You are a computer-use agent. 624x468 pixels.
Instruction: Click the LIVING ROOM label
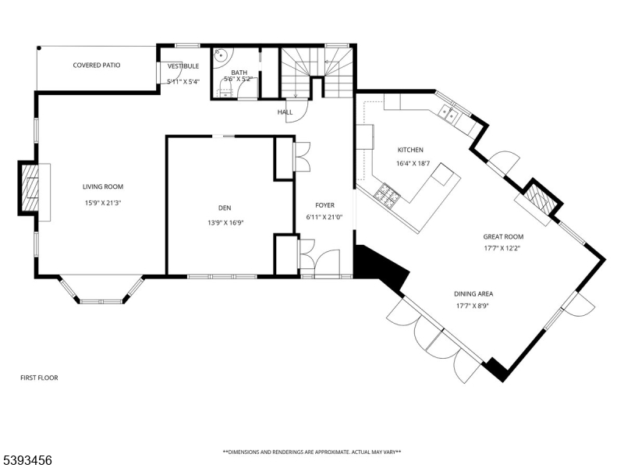pyautogui.click(x=103, y=186)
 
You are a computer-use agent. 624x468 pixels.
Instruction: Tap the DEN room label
pyautogui.click(x=225, y=207)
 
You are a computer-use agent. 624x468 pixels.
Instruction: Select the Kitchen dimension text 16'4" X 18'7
pyautogui.click(x=413, y=164)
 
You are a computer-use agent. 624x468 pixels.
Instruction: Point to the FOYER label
pyautogui.click(x=324, y=205)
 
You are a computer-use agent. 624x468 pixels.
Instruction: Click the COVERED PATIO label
pyautogui.click(x=96, y=66)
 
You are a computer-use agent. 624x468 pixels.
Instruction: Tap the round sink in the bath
pyautogui.click(x=220, y=56)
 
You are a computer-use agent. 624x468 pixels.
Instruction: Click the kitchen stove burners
pyautogui.click(x=387, y=196)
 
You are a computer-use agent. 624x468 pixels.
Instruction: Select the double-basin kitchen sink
pyautogui.click(x=448, y=114)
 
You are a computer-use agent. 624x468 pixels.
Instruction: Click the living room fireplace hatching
pyautogui.click(x=30, y=188)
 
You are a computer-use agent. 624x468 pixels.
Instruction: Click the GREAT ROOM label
pyautogui.click(x=503, y=237)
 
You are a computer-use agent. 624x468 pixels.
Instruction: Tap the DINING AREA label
pyautogui.click(x=473, y=294)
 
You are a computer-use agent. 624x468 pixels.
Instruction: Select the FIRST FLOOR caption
pyautogui.click(x=39, y=378)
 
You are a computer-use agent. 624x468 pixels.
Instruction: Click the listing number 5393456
pyautogui.click(x=26, y=460)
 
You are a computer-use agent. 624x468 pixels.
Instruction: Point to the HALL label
pyautogui.click(x=285, y=112)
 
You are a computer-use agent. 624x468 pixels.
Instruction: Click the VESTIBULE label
pyautogui.click(x=183, y=66)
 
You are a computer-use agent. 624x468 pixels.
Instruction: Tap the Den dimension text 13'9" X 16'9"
pyautogui.click(x=225, y=223)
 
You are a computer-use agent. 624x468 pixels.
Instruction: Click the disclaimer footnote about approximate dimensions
pyautogui.click(x=311, y=452)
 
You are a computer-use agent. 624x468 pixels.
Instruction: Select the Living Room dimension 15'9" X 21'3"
pyautogui.click(x=103, y=203)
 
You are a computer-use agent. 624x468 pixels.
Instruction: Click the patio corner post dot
pyautogui.click(x=39, y=48)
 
